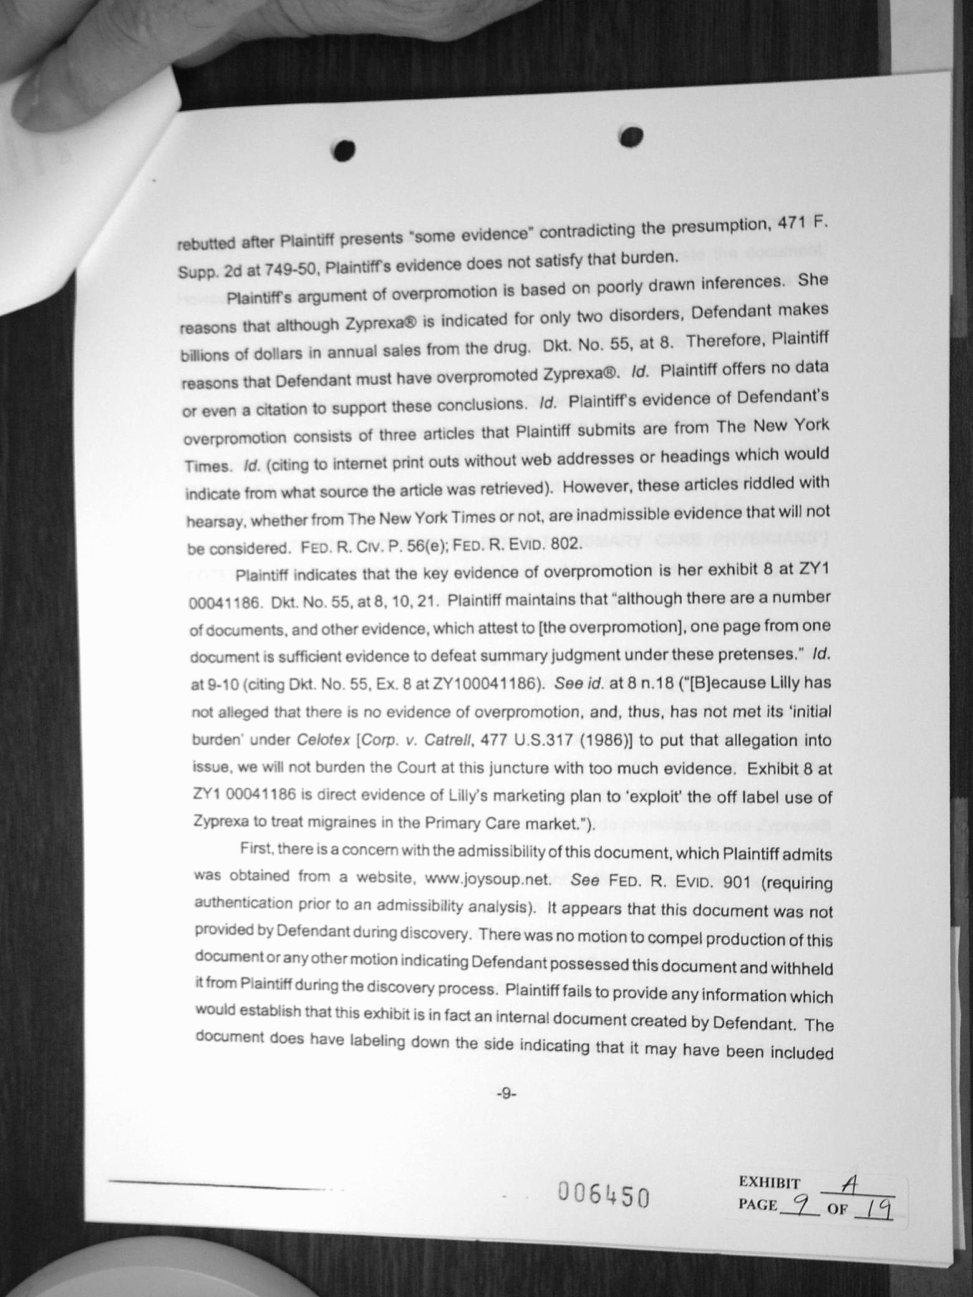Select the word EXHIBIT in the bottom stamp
(x=769, y=1182)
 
